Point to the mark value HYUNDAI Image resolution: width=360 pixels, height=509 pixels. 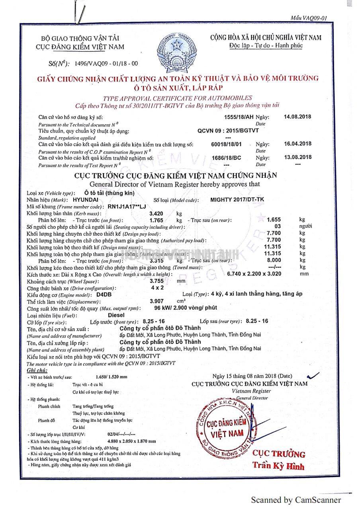point(86,200)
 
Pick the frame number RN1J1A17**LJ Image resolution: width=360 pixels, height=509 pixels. point(127,207)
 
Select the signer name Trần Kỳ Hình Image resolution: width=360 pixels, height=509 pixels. point(278,466)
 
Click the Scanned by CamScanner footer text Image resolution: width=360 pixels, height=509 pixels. point(295,500)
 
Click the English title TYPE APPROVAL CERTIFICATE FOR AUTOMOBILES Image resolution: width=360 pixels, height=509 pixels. point(177,98)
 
